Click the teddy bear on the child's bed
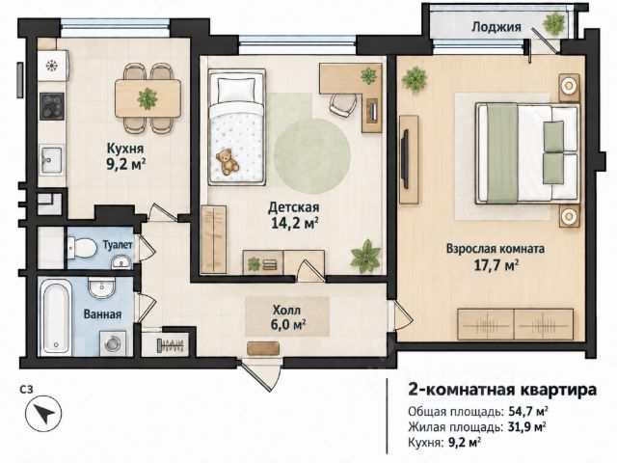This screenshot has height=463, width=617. pos(228,161)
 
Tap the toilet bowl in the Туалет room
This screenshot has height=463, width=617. pos(82,248)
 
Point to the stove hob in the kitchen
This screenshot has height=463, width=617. pos(52,106)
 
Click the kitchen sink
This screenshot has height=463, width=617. pos(51,160)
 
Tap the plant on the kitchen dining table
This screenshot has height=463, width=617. pos(148,98)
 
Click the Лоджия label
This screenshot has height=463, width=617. pos(496,27)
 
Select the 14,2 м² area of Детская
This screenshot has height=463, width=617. pos(295,223)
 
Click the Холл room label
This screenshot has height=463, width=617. pos(286,311)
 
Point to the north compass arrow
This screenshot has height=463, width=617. pos(43,414)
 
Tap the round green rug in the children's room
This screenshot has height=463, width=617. pos(312,156)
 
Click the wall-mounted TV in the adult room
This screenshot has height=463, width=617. pos(405,159)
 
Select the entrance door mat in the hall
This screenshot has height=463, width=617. pos(263,349)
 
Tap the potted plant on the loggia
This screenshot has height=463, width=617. pos(554,23)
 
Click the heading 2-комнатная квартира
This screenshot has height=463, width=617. pos(502,390)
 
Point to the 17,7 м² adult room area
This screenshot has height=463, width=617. pos(496,265)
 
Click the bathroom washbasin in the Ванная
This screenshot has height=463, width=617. pos(101,287)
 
